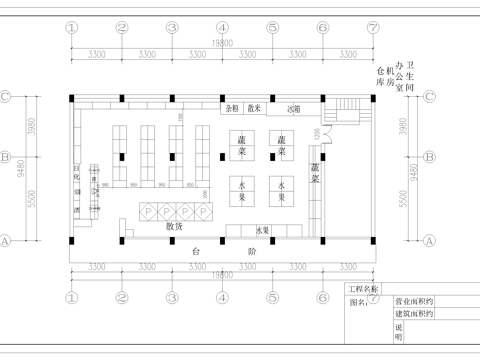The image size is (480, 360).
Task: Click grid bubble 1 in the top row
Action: (x=72, y=28)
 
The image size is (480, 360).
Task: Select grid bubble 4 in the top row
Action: (x=222, y=28)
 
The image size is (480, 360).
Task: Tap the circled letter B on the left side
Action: (x=6, y=156)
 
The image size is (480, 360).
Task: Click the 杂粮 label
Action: (x=231, y=107)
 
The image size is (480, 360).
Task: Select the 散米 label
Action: (x=254, y=107)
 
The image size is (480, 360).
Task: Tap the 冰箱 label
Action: (x=293, y=107)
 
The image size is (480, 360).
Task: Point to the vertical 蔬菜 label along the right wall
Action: (x=314, y=174)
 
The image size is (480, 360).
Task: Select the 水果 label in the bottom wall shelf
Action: (x=263, y=231)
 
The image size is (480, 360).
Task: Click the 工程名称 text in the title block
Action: (x=362, y=289)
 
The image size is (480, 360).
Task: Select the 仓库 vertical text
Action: (x=380, y=78)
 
